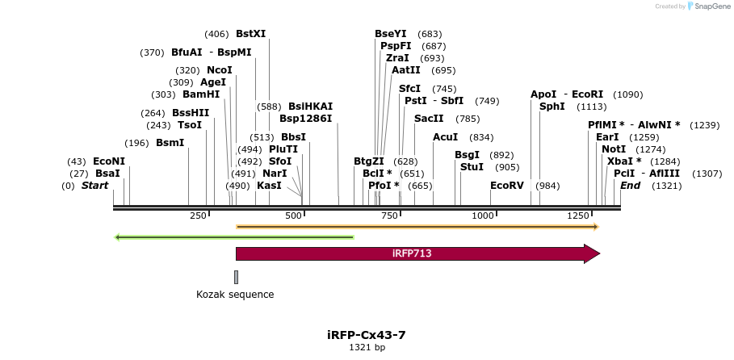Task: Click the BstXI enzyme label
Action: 250,34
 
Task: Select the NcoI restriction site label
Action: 219,70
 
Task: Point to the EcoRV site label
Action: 507,186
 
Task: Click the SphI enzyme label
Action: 552,107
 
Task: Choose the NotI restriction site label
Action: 614,149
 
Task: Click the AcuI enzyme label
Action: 445,137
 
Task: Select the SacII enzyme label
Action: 429,119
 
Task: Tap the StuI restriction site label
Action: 472,167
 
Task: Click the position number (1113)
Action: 591,107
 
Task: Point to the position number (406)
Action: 216,34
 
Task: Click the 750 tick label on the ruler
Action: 389,216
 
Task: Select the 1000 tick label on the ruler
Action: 483,216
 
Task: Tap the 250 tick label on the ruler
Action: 198,216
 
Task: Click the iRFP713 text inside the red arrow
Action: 412,253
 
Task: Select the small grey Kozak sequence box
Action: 236,277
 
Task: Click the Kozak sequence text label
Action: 235,295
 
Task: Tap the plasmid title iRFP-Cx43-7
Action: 372,334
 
